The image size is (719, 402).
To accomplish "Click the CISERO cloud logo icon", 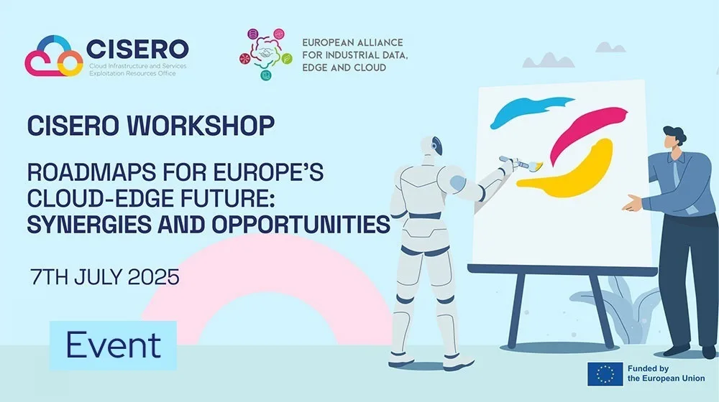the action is coord(54,56).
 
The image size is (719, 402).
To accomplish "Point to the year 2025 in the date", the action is coord(154,277).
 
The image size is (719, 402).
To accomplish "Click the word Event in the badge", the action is coord(114,345).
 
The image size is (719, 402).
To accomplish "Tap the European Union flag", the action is coord(605,374).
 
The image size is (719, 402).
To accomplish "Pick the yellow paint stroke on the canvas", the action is coord(569,172).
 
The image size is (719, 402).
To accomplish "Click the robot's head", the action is coord(431,146).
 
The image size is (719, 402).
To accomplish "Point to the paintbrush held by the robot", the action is coord(521,163).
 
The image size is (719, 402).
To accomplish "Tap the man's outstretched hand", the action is coord(633,203).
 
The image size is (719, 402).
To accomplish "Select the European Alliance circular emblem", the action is coord(265,54).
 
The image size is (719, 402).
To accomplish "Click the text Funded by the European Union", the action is coord(666,373).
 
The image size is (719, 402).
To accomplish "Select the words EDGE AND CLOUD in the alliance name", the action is coord(344,67).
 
